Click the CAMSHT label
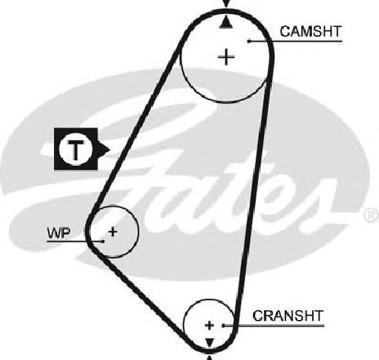click(310, 32)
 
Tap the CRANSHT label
click(288, 316)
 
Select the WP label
click(59, 233)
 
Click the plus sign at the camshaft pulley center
click(226, 57)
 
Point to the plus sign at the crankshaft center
click(209, 325)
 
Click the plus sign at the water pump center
click(113, 232)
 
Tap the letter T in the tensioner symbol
click(76, 149)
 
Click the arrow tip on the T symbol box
click(109, 149)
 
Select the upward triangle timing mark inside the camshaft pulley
click(225, 22)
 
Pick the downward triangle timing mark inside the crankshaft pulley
click(209, 343)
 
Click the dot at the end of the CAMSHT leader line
click(249, 41)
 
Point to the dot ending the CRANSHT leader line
click(223, 326)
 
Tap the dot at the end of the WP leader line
click(103, 242)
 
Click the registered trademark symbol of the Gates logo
click(372, 215)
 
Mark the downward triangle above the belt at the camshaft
click(226, 3)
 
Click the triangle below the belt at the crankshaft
click(209, 358)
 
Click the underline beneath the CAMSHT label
click(296, 41)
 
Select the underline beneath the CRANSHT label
click(274, 326)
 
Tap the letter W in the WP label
click(55, 233)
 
